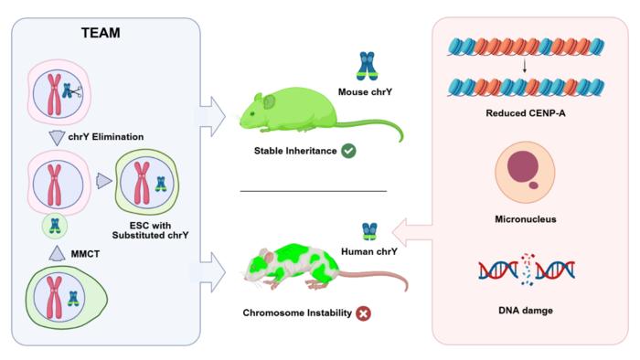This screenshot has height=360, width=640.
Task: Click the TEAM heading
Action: [x=101, y=33]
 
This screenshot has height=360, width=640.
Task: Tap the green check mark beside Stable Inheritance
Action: [x=348, y=151]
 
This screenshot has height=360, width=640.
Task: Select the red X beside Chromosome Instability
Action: [x=363, y=313]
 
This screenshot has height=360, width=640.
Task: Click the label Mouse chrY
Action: [x=365, y=92]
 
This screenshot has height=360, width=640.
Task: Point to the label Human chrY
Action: [x=369, y=251]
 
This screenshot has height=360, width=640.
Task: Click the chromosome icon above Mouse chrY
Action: [x=367, y=66]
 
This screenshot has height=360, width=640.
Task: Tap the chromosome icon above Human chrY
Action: [x=369, y=231]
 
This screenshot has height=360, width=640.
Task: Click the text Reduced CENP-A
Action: [x=526, y=113]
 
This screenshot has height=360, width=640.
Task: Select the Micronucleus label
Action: [x=526, y=219]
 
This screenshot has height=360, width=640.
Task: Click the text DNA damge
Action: [x=526, y=311]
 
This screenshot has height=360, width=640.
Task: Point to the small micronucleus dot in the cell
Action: [x=533, y=185]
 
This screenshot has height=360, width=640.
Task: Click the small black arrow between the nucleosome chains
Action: [x=525, y=66]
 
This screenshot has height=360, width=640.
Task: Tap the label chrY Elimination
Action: [x=106, y=136]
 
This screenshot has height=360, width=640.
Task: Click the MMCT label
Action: [x=85, y=254]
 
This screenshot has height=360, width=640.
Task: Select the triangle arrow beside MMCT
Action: [x=57, y=253]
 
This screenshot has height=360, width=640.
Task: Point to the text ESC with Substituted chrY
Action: [x=150, y=230]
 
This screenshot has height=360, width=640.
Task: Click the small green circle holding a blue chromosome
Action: [x=55, y=226]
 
